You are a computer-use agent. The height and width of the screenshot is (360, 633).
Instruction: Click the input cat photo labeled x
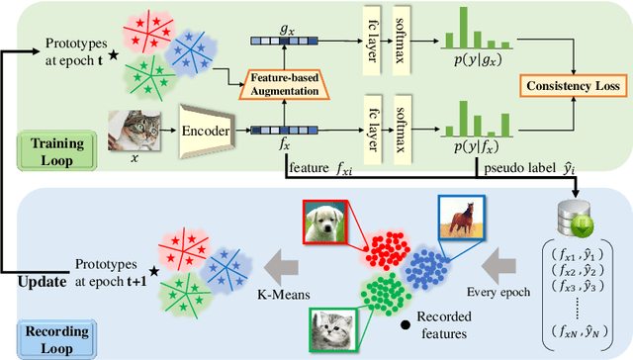click(x=137, y=130)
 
